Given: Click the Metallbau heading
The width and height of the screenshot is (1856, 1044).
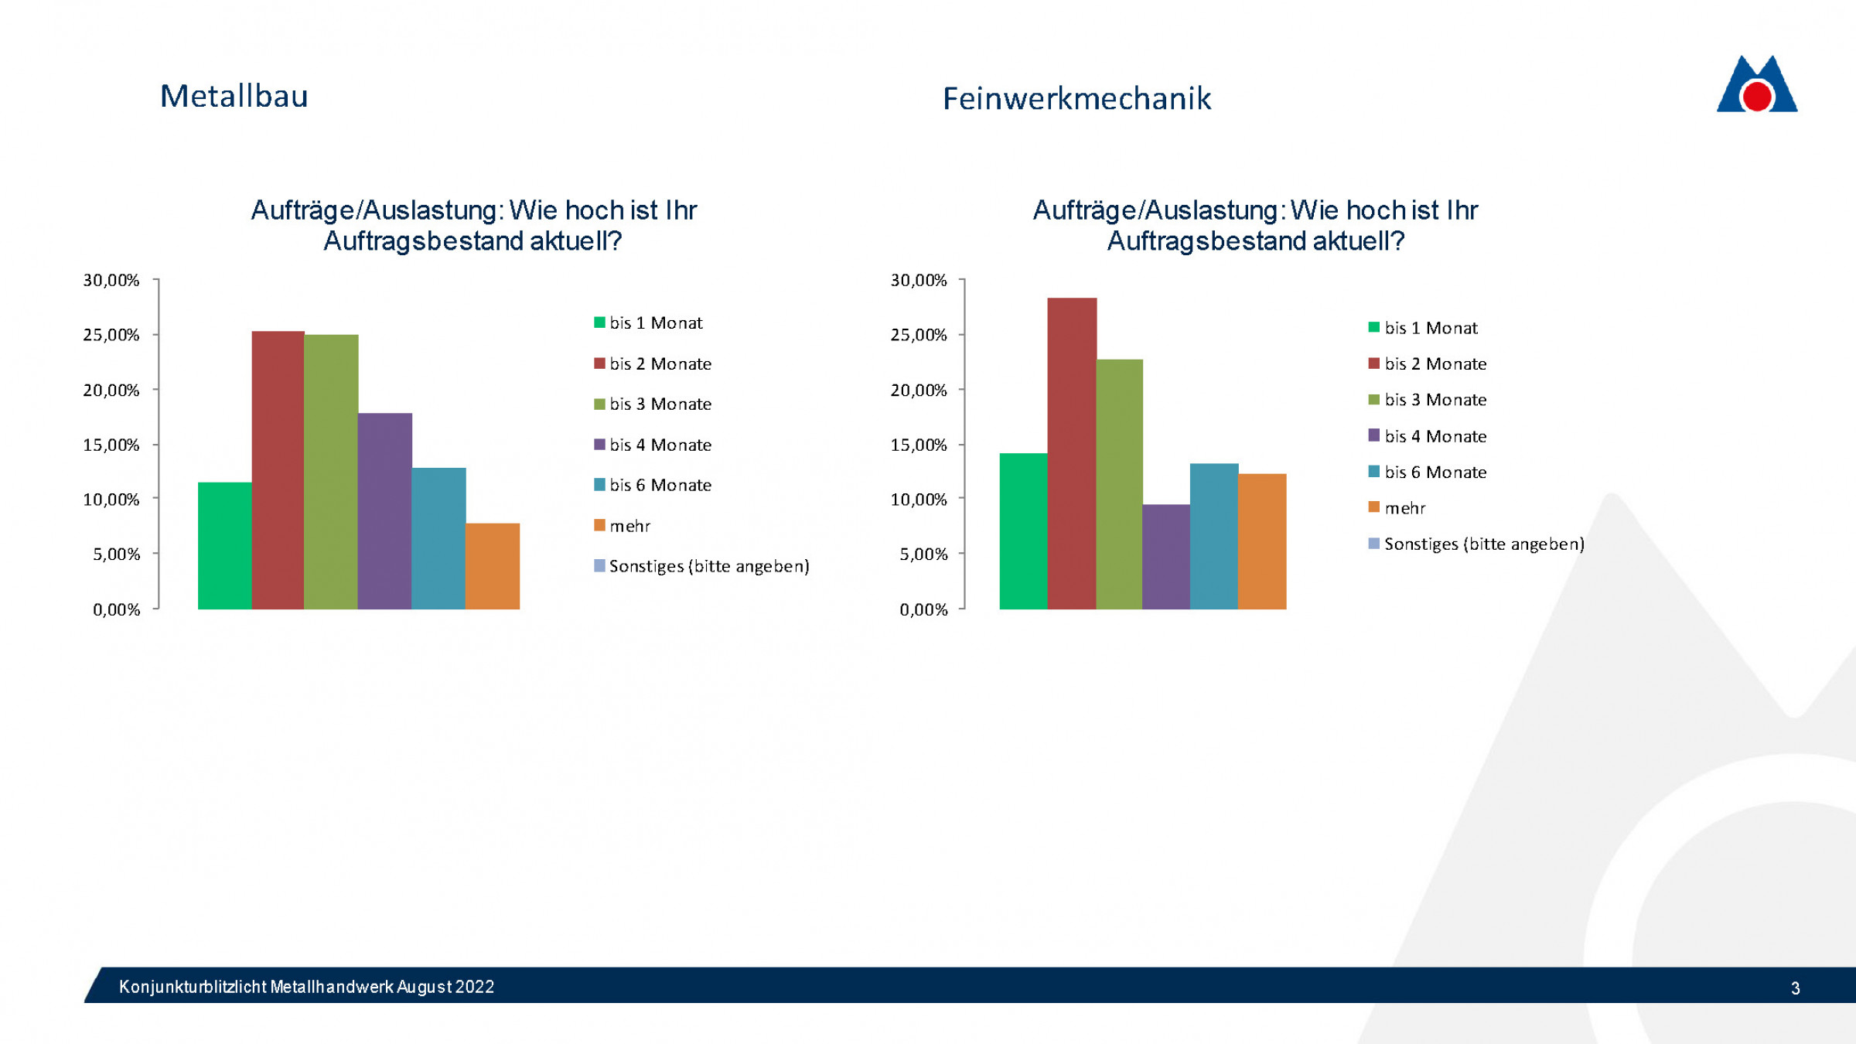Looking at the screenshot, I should pos(234,97).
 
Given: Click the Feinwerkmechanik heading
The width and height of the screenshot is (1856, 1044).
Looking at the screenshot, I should pos(1076,99).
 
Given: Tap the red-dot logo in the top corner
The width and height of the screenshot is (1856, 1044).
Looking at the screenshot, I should pos(1757,87).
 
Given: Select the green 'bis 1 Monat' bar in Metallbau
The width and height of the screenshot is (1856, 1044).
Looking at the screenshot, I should pos(224,546).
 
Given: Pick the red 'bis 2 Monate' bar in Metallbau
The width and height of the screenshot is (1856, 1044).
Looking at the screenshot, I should pos(278,470).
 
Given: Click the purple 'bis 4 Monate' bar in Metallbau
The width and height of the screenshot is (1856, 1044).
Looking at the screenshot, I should pos(384,511).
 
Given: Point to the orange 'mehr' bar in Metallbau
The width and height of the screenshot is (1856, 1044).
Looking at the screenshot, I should pos(492,566).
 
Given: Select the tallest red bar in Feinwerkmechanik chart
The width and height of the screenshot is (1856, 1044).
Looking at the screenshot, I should pos(1071,453).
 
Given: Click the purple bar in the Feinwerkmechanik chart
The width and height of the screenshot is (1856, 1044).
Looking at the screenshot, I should pos(1165,557).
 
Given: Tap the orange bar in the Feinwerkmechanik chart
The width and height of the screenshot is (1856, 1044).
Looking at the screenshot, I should pos(1262,541).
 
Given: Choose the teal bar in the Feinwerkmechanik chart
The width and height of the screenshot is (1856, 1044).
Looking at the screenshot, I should pos(1213,536).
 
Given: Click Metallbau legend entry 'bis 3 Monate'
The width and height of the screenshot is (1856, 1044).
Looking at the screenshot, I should pos(660,404).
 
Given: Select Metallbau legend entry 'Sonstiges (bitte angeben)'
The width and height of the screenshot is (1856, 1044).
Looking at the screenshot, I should pos(708,566).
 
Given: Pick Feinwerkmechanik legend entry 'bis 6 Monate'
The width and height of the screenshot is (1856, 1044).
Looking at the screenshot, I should pos(1435,472).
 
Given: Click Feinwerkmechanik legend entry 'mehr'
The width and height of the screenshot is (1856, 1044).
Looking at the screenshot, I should pos(1404,508).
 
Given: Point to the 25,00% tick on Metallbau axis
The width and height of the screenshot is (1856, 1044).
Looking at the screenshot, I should pos(111,335).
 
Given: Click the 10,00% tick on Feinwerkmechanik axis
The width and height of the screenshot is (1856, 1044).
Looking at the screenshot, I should pos(919,500).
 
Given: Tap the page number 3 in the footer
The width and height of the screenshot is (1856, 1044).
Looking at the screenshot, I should pos(1795,988).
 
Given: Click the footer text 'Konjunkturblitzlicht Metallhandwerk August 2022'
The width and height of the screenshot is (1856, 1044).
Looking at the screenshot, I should pos(306,987).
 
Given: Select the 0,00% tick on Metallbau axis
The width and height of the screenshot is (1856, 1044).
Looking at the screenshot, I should pos(117,609).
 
